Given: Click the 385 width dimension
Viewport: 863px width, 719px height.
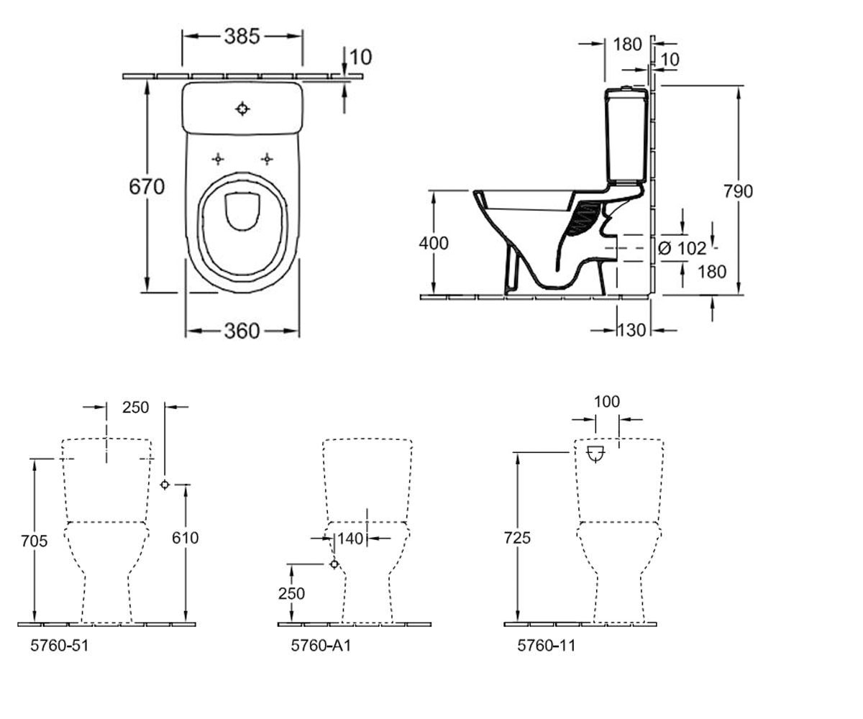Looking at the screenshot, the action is click(x=242, y=37).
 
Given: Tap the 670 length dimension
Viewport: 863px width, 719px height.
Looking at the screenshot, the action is click(x=147, y=187).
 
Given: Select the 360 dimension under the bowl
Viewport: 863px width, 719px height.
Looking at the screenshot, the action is click(x=242, y=331).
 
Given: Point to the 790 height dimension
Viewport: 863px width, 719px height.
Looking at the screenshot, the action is click(x=738, y=191).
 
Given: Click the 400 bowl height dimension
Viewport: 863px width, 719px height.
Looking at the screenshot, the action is click(x=434, y=244).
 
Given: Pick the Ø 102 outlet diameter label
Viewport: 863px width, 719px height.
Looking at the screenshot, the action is click(x=682, y=248).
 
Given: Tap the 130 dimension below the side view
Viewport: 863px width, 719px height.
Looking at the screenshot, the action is click(x=631, y=330).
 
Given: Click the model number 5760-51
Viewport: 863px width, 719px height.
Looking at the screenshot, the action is click(x=60, y=646).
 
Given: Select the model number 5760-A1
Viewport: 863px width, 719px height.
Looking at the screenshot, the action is click(x=321, y=646).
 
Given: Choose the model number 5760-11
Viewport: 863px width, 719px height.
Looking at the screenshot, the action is click(x=547, y=646).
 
